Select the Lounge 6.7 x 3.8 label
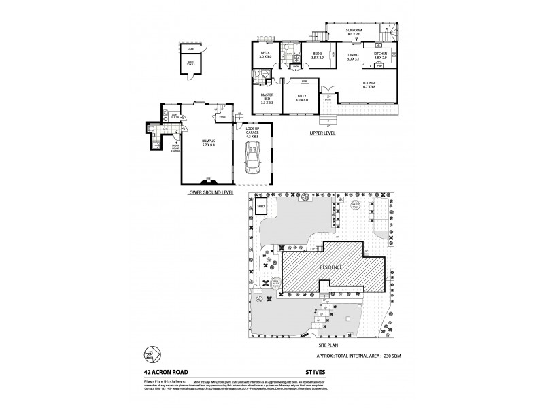coord(369,85)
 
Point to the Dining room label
coord(353,56)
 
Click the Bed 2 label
coord(302,99)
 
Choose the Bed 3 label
coord(317,56)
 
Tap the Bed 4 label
coord(265,56)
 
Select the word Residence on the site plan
coord(333,267)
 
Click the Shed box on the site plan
coord(260,208)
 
